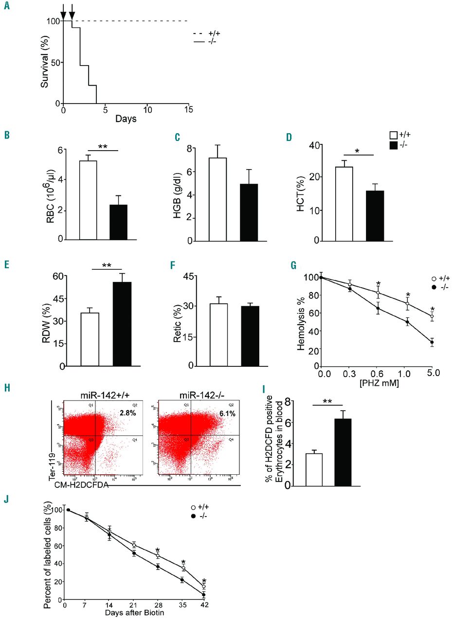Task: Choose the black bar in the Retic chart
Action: [250, 336]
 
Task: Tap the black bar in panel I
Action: [343, 451]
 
